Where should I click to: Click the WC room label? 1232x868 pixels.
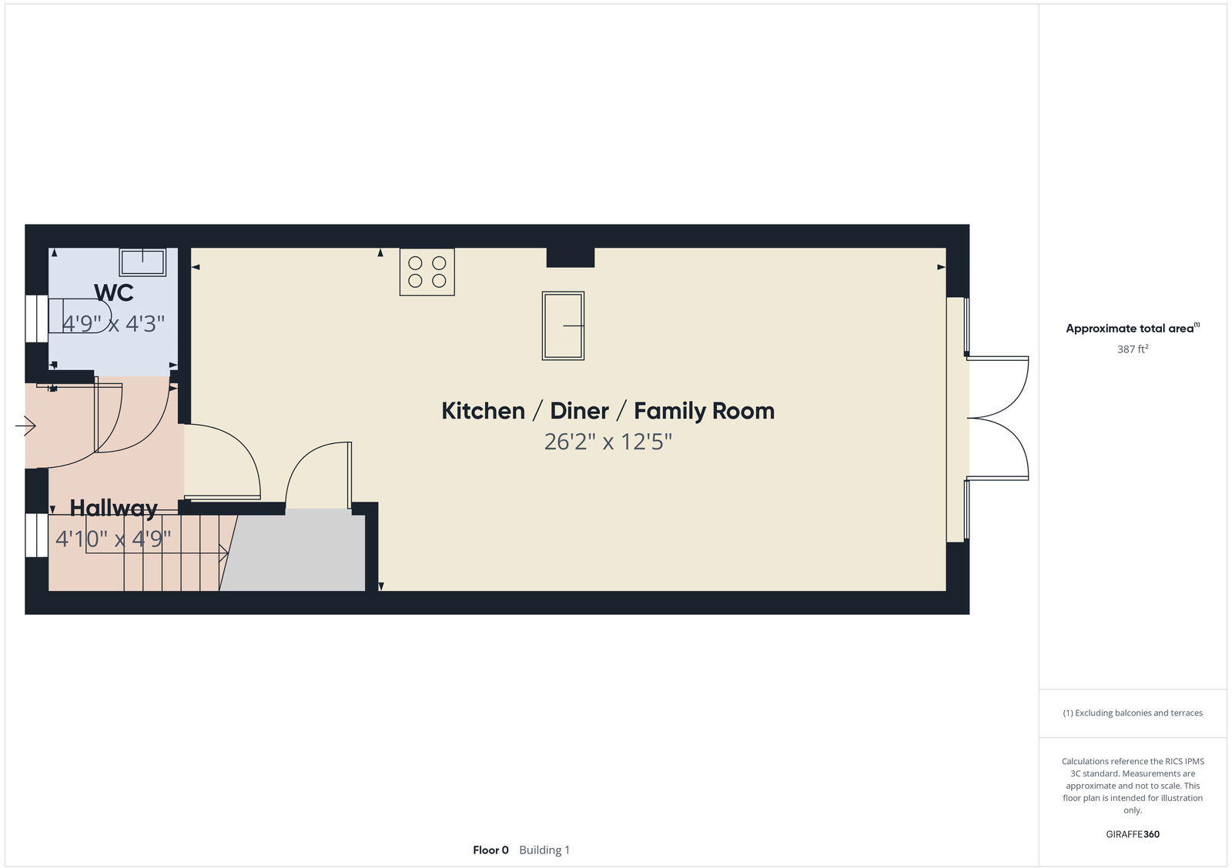113,292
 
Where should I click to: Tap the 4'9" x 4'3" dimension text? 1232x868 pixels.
113,324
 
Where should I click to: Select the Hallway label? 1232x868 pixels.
113,508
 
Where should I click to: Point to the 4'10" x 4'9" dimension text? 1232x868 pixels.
113,539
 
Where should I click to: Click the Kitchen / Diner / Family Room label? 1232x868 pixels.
608,411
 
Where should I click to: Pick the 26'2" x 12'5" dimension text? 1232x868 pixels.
608,442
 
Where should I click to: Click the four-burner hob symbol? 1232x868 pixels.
427,272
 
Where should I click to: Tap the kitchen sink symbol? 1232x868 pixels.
563,325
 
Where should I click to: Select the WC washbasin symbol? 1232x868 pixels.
142,262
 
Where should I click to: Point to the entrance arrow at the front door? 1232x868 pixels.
25,426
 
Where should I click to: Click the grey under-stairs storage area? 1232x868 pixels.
296,553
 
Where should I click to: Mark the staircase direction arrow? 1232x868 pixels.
222,551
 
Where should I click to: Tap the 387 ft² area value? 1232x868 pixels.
1132,349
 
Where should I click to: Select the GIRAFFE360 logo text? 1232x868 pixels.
1132,834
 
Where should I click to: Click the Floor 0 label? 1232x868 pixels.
490,850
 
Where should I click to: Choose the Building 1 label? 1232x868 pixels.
544,850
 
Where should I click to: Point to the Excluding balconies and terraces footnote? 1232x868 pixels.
1132,713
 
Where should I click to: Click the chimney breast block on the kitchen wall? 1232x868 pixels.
570,257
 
